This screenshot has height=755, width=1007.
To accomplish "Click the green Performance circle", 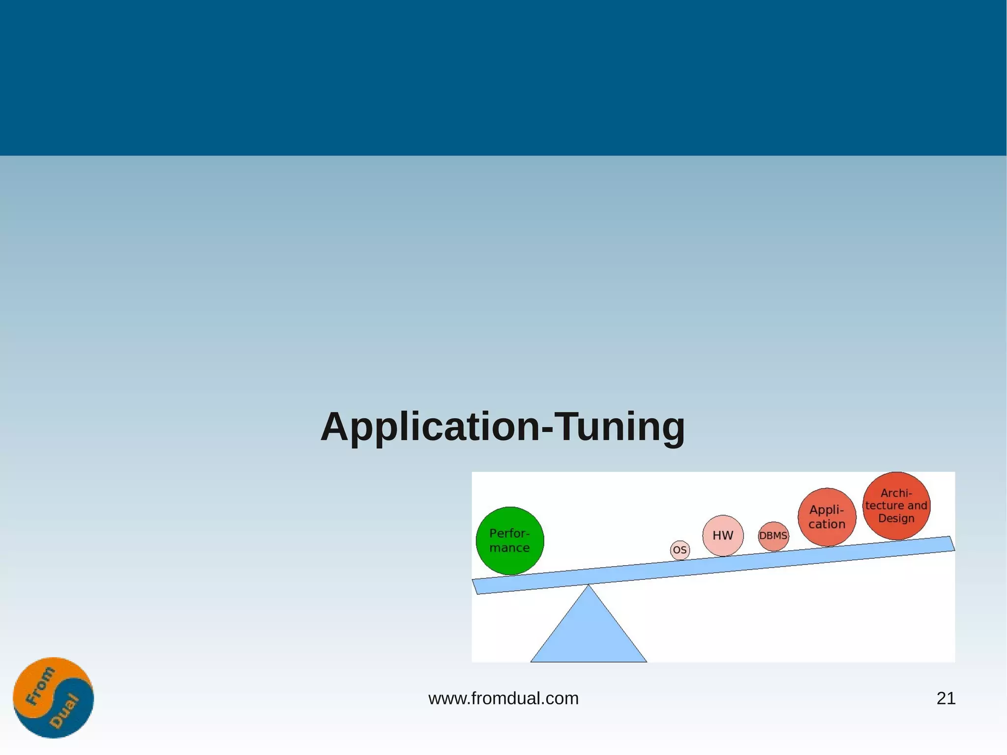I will coord(510,541).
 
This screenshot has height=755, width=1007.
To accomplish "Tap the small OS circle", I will coord(680,550).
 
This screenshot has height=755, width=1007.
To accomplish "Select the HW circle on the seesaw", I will coord(723,536).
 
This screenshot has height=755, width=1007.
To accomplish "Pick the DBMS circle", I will coord(773,536).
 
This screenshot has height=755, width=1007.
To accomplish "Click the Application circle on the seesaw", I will coord(827,517).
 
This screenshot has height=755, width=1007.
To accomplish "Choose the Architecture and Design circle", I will coord(896,506).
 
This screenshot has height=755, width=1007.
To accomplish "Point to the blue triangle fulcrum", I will coord(589,632).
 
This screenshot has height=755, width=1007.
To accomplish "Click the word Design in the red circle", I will coord(896,518).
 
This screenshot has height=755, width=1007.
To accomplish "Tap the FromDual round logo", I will coord(53,697).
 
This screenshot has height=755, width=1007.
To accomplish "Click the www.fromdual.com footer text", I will coord(503,698).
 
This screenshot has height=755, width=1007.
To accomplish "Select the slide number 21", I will coord(946,698).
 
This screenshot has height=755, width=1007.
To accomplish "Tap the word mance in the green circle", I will coord(509,548).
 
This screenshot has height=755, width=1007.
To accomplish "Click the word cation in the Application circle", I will coord(827,524).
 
